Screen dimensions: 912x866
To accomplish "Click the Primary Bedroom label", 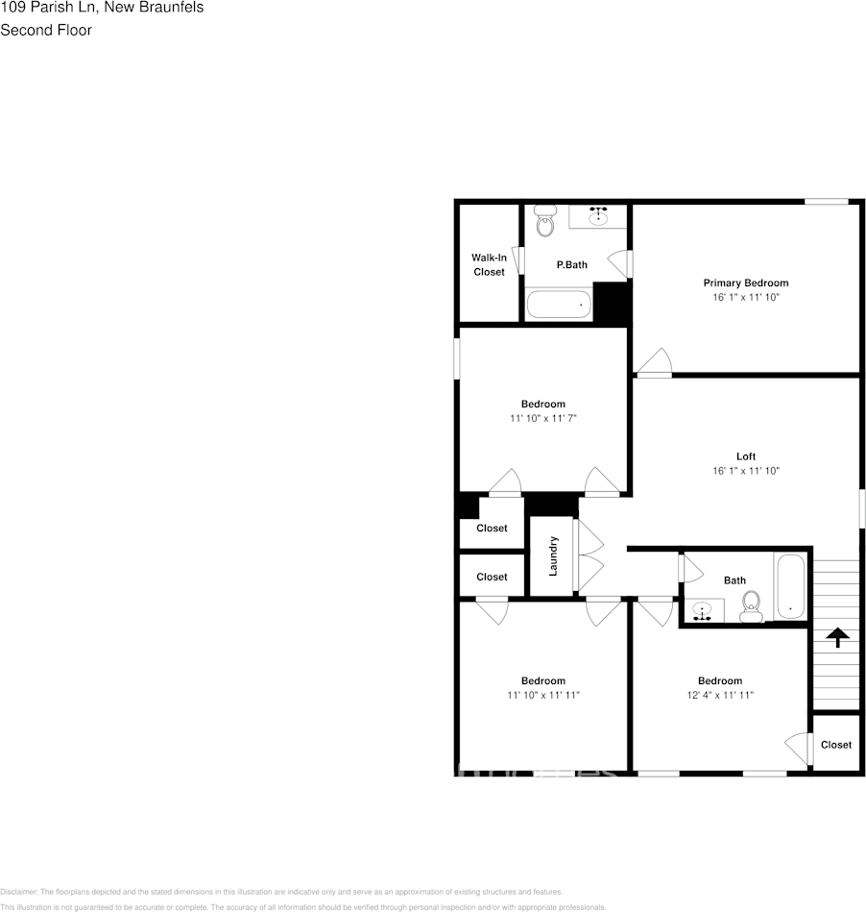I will (x=745, y=283).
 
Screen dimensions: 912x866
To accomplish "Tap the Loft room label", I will (x=745, y=456).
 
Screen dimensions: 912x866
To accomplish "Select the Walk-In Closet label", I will (x=489, y=264).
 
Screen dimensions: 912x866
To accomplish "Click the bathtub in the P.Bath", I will (x=559, y=306).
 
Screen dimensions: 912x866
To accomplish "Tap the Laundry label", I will (x=553, y=556).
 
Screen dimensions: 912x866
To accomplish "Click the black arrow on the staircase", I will (x=837, y=636).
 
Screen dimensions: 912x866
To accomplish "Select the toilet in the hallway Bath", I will (x=751, y=604).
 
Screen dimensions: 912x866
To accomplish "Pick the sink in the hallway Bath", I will (x=704, y=611).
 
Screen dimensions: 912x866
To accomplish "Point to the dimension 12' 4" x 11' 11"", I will (x=719, y=695).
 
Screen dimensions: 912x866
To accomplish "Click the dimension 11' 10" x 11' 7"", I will (x=542, y=419).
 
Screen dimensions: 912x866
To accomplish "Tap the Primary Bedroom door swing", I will (x=655, y=362).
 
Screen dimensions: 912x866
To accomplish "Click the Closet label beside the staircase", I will (x=835, y=745).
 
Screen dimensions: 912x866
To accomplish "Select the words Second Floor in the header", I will (x=46, y=30).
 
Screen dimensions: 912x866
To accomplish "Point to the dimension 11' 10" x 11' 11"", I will (x=542, y=695).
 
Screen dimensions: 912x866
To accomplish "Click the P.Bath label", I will (x=571, y=264).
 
